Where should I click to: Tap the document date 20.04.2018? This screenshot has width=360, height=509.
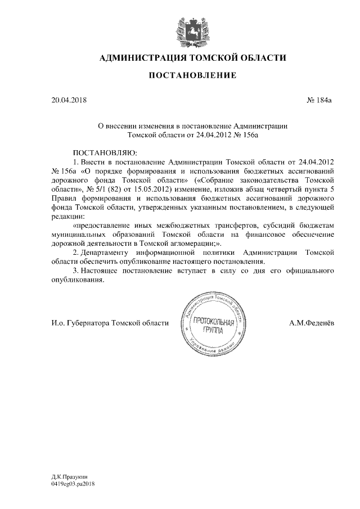coord(69,100)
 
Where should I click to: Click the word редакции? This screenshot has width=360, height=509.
coord(69,218)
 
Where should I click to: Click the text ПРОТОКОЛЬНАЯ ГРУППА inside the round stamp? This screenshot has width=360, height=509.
coord(213,326)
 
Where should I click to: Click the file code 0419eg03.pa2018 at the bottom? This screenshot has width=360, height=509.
coord(73,483)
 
